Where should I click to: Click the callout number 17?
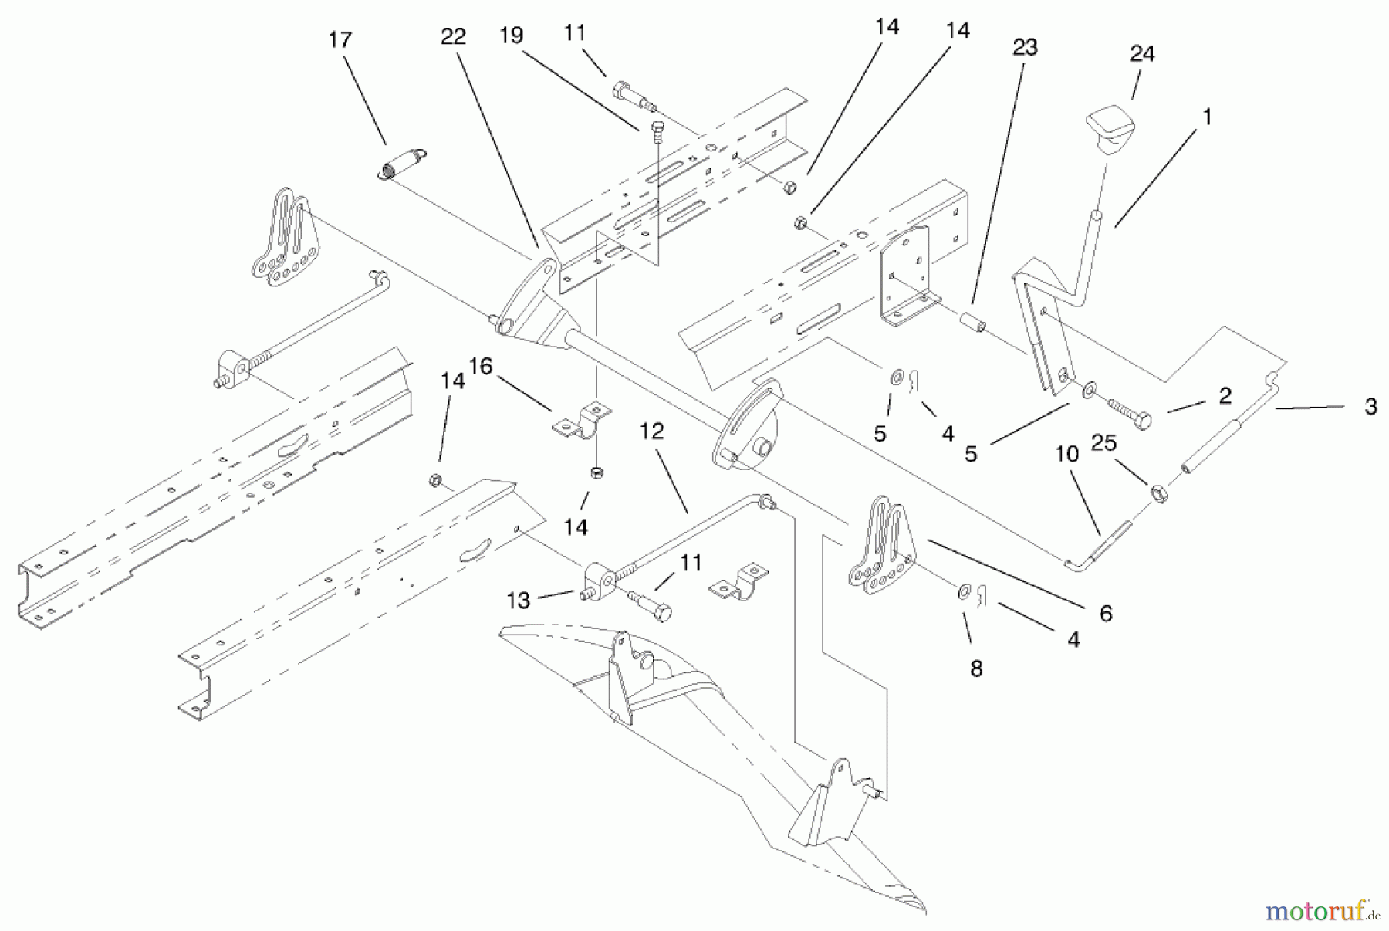click(x=340, y=40)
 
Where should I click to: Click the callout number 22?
click(x=453, y=37)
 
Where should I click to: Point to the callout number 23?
click(x=1025, y=48)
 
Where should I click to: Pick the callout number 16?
click(x=480, y=367)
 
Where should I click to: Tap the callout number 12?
click(x=651, y=432)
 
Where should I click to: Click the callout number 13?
click(x=519, y=601)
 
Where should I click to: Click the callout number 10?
click(x=1066, y=455)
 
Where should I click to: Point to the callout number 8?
click(x=976, y=669)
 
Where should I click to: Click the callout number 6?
click(x=1106, y=614)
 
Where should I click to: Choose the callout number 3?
click(x=1370, y=407)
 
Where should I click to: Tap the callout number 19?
click(x=511, y=36)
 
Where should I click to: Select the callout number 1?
click(x=1207, y=117)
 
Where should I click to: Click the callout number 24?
click(x=1142, y=54)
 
